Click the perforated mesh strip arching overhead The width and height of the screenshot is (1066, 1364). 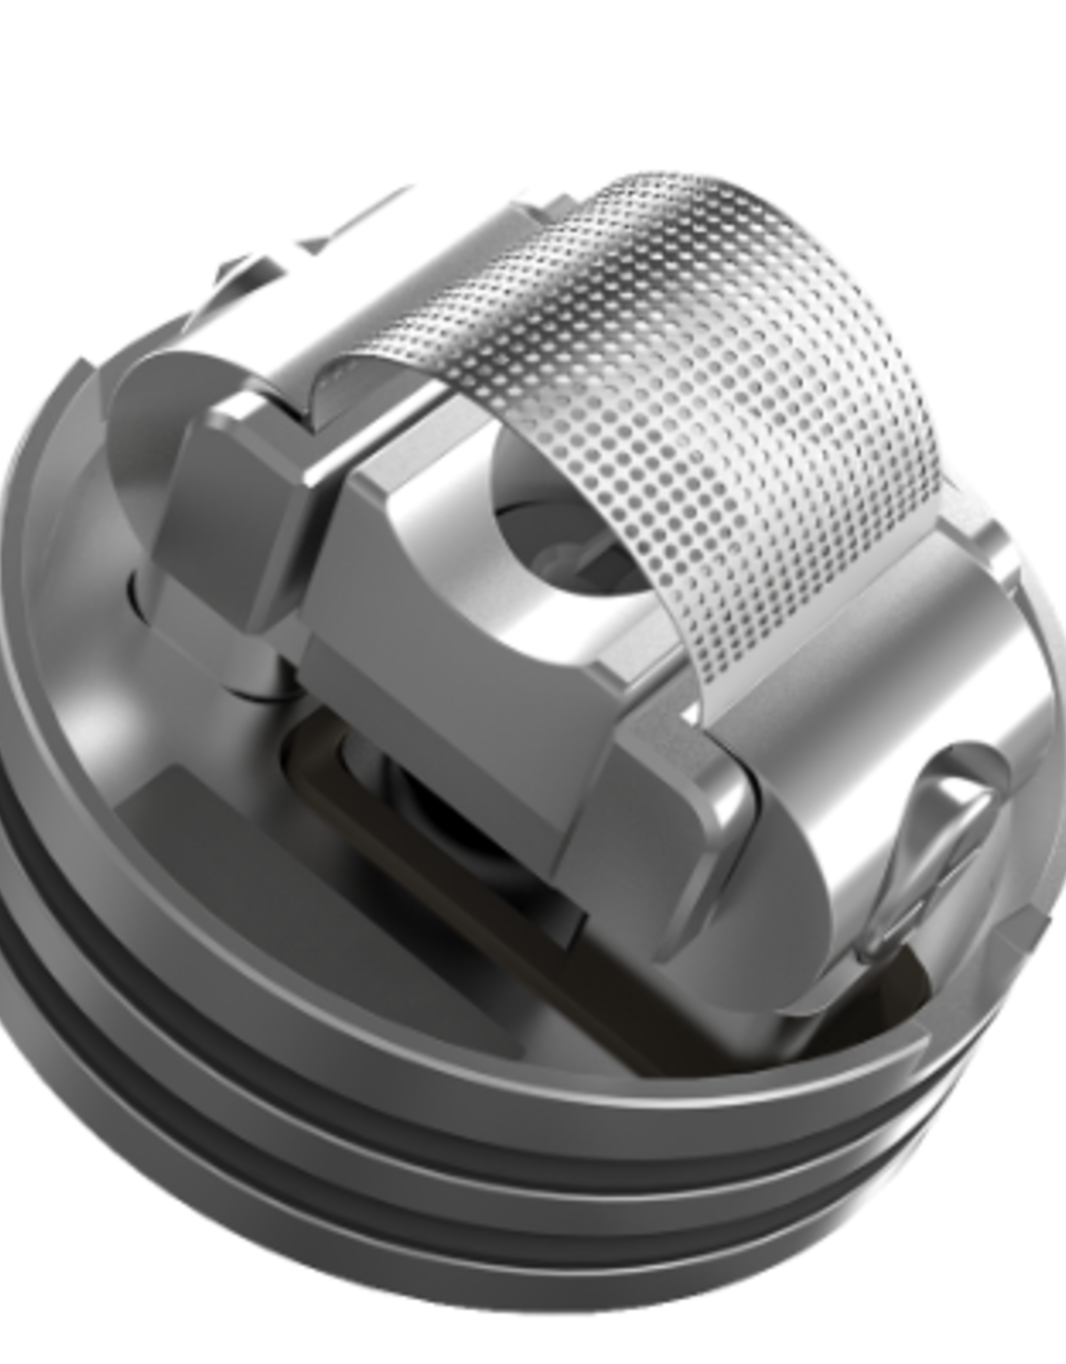pos(700,300)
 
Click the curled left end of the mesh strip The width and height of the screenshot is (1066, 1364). pos(346,386)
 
